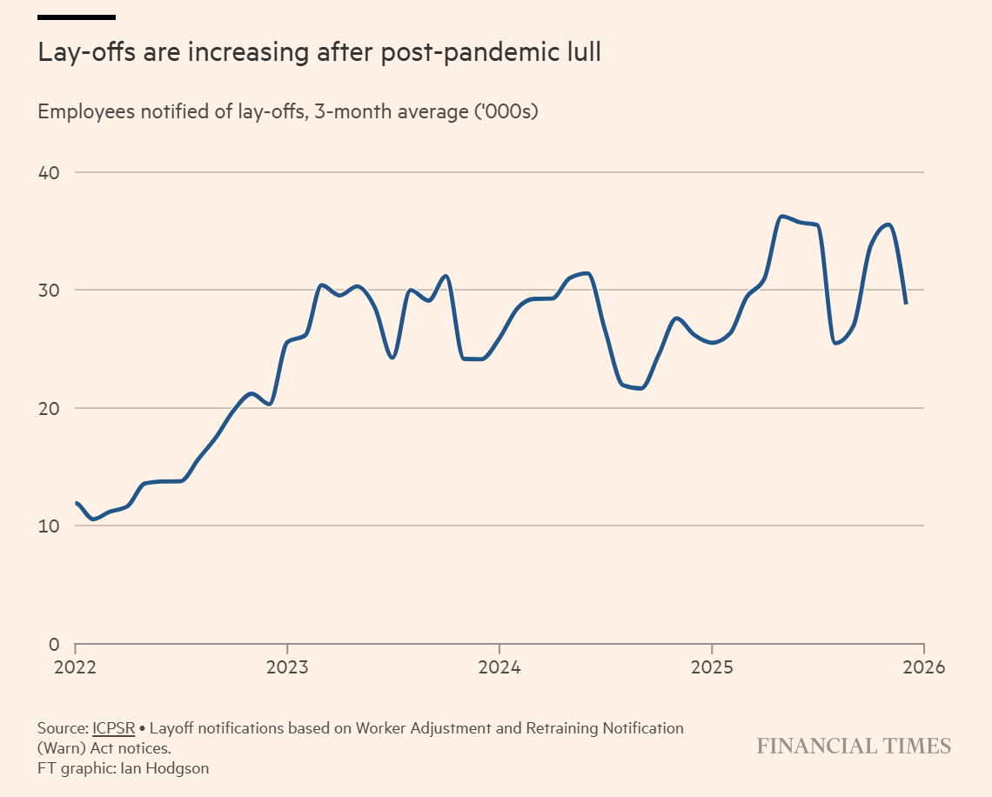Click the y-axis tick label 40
[48, 172]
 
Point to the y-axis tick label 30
[48, 290]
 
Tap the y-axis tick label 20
[48, 408]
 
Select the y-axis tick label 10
[48, 526]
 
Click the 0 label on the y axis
[53, 645]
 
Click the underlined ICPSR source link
[113, 727]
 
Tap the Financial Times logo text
[853, 746]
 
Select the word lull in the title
[581, 53]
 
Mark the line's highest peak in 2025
[782, 216]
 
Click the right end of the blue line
[906, 303]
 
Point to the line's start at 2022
[77, 503]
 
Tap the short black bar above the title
[77, 17]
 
